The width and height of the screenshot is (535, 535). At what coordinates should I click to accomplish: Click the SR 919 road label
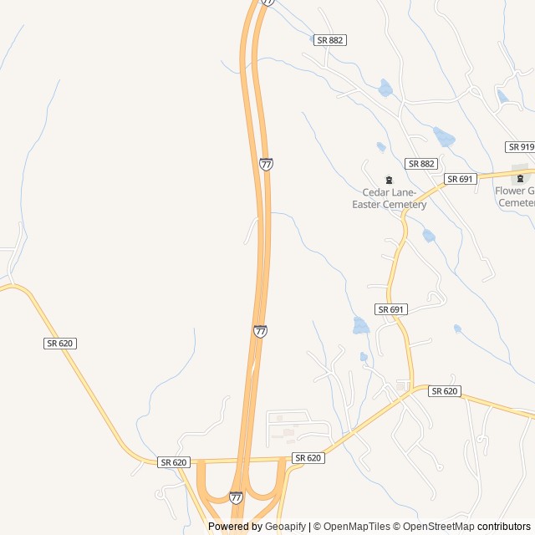(520, 147)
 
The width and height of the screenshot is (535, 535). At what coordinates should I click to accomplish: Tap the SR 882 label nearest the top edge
(331, 40)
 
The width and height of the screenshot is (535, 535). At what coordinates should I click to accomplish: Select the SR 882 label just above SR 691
(421, 164)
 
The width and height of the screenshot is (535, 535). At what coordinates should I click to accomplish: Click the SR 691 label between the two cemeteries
(460, 179)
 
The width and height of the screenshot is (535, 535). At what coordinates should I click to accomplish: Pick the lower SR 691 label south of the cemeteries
(391, 309)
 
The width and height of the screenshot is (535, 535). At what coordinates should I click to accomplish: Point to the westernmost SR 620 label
(60, 344)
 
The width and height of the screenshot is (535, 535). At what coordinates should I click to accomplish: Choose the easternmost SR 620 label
(446, 391)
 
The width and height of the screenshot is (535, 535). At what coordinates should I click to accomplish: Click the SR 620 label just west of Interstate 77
(174, 462)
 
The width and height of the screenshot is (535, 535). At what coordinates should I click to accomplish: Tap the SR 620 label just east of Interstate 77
(308, 458)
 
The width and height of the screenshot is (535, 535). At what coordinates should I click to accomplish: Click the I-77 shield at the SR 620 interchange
(237, 497)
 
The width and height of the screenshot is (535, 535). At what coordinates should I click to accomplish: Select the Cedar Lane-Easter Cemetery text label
(389, 199)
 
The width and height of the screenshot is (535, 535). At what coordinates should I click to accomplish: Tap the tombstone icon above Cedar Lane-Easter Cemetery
(388, 179)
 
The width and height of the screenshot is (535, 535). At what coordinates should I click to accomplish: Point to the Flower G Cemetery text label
(515, 196)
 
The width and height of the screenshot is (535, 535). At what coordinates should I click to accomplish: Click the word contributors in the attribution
(504, 527)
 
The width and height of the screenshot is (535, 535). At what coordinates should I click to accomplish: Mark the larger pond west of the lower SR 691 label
(361, 326)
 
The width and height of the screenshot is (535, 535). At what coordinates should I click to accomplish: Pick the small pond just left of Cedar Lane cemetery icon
(381, 147)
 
